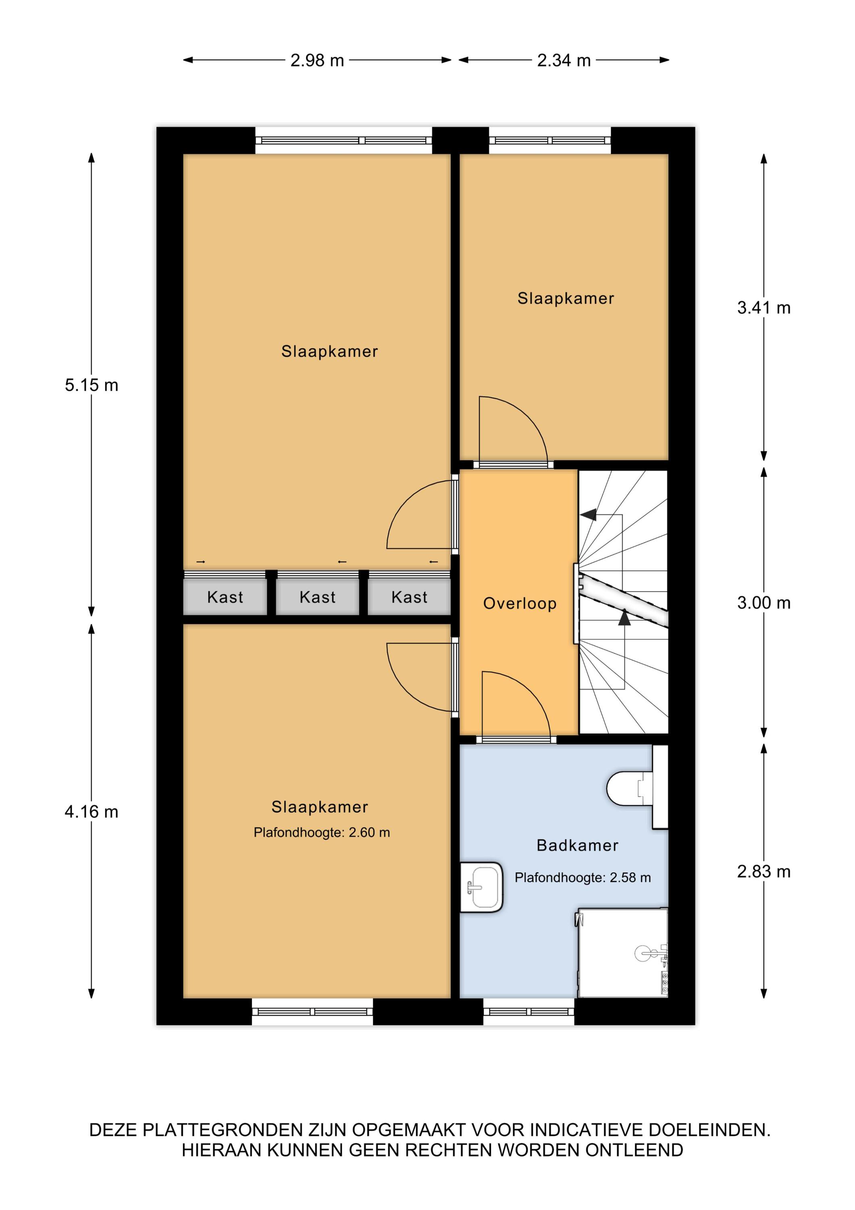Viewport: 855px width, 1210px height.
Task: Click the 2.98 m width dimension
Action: point(317,60)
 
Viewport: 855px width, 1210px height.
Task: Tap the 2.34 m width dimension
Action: point(564,60)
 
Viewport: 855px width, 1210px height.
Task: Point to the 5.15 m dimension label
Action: point(92,385)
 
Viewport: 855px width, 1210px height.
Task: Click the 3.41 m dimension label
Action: point(764,308)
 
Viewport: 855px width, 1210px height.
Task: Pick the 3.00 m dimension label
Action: point(764,603)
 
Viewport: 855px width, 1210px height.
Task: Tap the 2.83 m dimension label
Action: point(764,872)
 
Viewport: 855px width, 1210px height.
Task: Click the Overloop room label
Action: point(520,603)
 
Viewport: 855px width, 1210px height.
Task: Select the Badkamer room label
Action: point(577,845)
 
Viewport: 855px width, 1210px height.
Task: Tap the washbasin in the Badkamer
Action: point(481,887)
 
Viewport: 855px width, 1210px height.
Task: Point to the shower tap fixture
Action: point(653,954)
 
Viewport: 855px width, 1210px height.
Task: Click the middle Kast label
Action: point(318,597)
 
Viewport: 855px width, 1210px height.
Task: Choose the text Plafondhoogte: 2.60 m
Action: point(322,832)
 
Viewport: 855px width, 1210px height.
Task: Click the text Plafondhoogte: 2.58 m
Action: point(582,878)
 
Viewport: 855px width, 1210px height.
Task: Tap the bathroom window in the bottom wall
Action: point(529,1012)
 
